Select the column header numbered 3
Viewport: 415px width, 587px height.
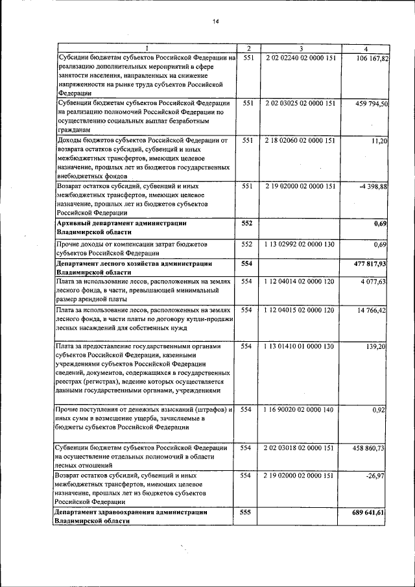(x=301, y=49)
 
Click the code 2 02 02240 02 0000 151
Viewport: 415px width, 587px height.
(x=301, y=58)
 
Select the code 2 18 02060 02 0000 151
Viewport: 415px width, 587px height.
(x=301, y=140)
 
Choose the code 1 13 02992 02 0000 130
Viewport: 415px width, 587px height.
(x=301, y=244)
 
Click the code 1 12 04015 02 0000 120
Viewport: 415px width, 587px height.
(x=301, y=310)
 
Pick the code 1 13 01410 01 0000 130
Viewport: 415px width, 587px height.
(x=301, y=346)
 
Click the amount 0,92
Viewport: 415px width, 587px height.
(x=379, y=411)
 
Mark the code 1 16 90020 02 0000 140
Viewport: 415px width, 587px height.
(x=301, y=410)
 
